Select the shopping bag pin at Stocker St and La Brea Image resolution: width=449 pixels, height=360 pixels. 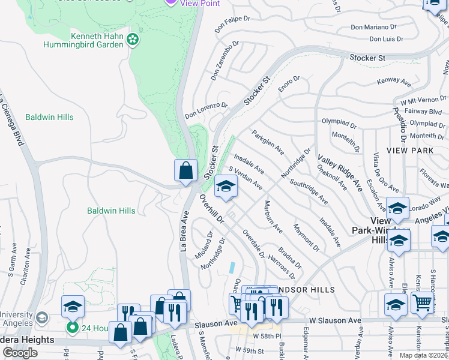[x=186, y=170]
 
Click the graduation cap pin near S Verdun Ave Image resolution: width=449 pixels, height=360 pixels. [x=226, y=187]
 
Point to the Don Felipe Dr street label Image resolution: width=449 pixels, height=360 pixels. [x=232, y=23]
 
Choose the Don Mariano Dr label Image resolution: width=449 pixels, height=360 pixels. [x=373, y=27]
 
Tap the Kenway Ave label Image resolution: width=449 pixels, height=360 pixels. [x=393, y=81]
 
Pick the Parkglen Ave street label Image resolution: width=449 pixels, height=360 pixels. [x=268, y=142]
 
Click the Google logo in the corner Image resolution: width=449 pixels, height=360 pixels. [x=20, y=353]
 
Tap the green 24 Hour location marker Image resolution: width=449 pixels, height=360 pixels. [x=72, y=328]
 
